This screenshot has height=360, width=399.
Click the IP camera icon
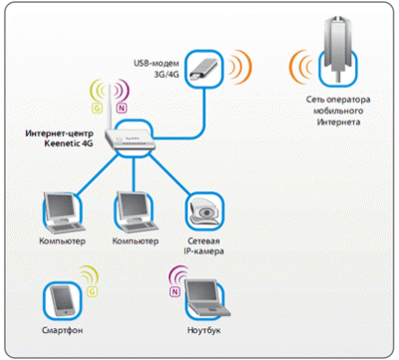pos(203,210)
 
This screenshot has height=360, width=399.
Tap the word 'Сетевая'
pos(203,241)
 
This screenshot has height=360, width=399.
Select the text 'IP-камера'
pos(203,252)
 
